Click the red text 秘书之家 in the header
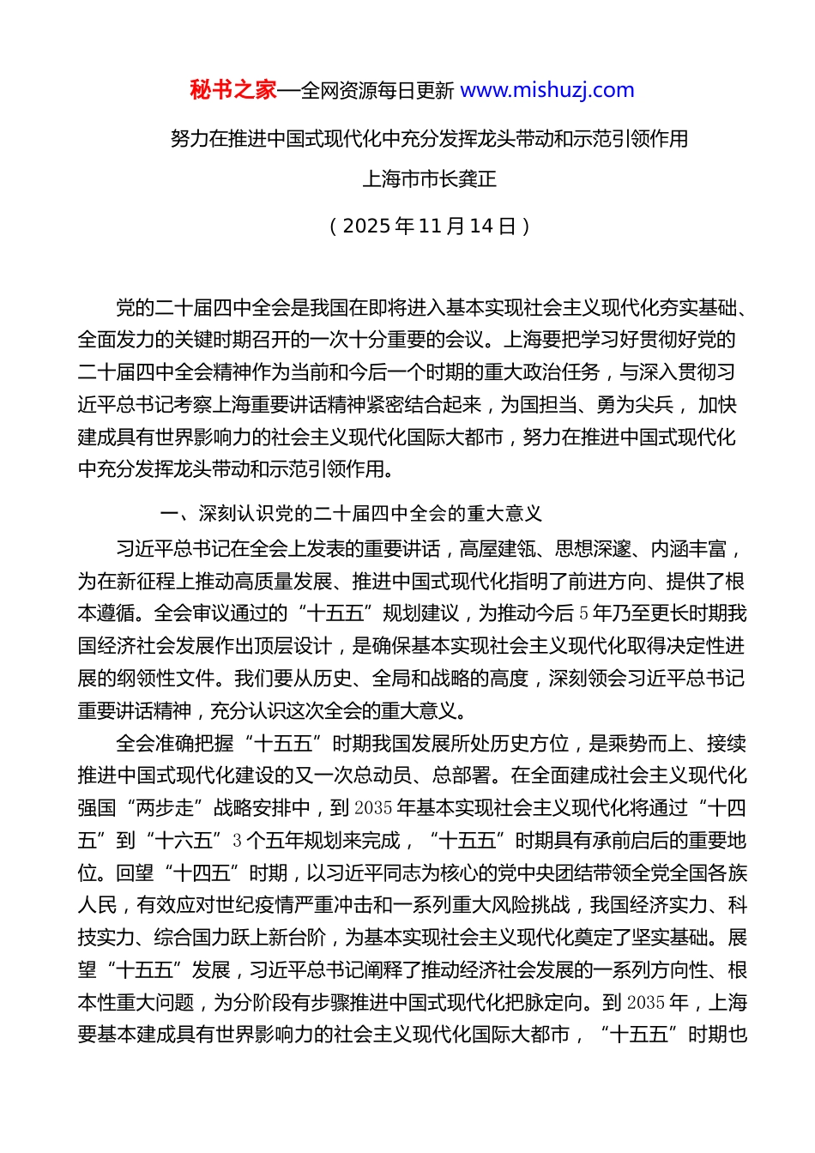tap(233, 90)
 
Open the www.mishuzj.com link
tap(547, 90)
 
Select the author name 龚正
tap(478, 179)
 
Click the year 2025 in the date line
tap(366, 226)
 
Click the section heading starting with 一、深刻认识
tap(351, 514)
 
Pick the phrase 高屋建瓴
tap(497, 548)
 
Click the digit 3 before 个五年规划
tap(238, 841)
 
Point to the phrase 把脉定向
tap(546, 1003)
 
